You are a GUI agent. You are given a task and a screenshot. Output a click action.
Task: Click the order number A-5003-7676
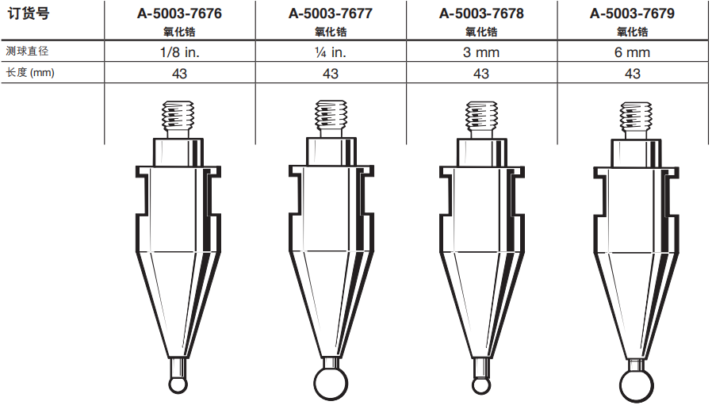point(179,13)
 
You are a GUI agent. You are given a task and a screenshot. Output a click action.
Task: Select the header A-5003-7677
point(331,13)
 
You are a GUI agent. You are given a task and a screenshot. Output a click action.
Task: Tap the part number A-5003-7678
point(481,13)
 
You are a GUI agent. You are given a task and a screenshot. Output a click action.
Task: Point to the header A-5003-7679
point(632,13)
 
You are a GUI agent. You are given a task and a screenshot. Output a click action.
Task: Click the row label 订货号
point(29,13)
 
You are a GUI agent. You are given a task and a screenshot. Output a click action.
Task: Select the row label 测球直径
point(27,51)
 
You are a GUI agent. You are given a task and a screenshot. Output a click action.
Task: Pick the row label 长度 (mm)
point(30,72)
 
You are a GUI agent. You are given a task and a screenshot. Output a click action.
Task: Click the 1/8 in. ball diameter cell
point(180,52)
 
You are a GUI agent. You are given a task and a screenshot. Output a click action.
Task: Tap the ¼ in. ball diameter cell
point(331,52)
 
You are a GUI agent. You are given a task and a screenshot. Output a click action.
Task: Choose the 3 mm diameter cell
point(481,52)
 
